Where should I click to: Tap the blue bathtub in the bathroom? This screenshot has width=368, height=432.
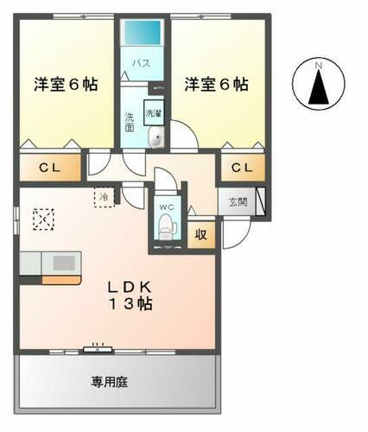[142, 35]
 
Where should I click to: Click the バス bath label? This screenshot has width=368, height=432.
[142, 64]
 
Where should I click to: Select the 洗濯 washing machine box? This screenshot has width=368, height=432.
[153, 113]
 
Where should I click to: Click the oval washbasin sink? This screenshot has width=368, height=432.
[155, 140]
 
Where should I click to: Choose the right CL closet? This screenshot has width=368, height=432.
[241, 168]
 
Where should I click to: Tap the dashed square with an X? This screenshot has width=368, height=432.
[42, 219]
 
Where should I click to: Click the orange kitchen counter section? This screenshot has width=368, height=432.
[61, 279]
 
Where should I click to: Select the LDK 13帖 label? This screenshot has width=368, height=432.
[130, 295]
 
